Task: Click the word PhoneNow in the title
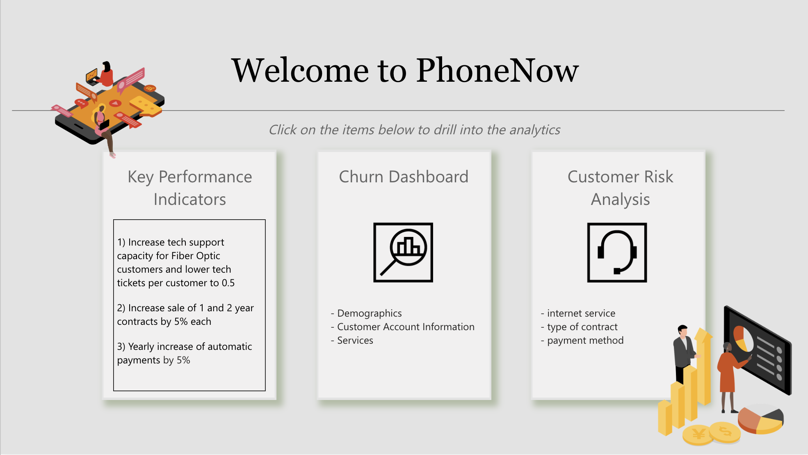coord(497,71)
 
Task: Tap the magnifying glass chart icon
coord(403,253)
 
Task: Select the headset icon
coord(617,253)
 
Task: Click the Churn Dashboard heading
coord(404,177)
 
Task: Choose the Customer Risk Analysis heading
coord(620,188)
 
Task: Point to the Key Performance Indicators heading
coord(189,188)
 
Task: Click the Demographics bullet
coord(369,313)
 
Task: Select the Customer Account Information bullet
coord(405,327)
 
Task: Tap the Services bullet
coord(355,340)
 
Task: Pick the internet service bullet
coord(581,313)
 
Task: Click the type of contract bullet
coord(582,327)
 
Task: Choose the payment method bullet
coord(585,340)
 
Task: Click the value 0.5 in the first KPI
coord(228,283)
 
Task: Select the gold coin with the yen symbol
coord(698,434)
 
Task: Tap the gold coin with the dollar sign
coord(725,431)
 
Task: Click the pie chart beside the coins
coord(761,419)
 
